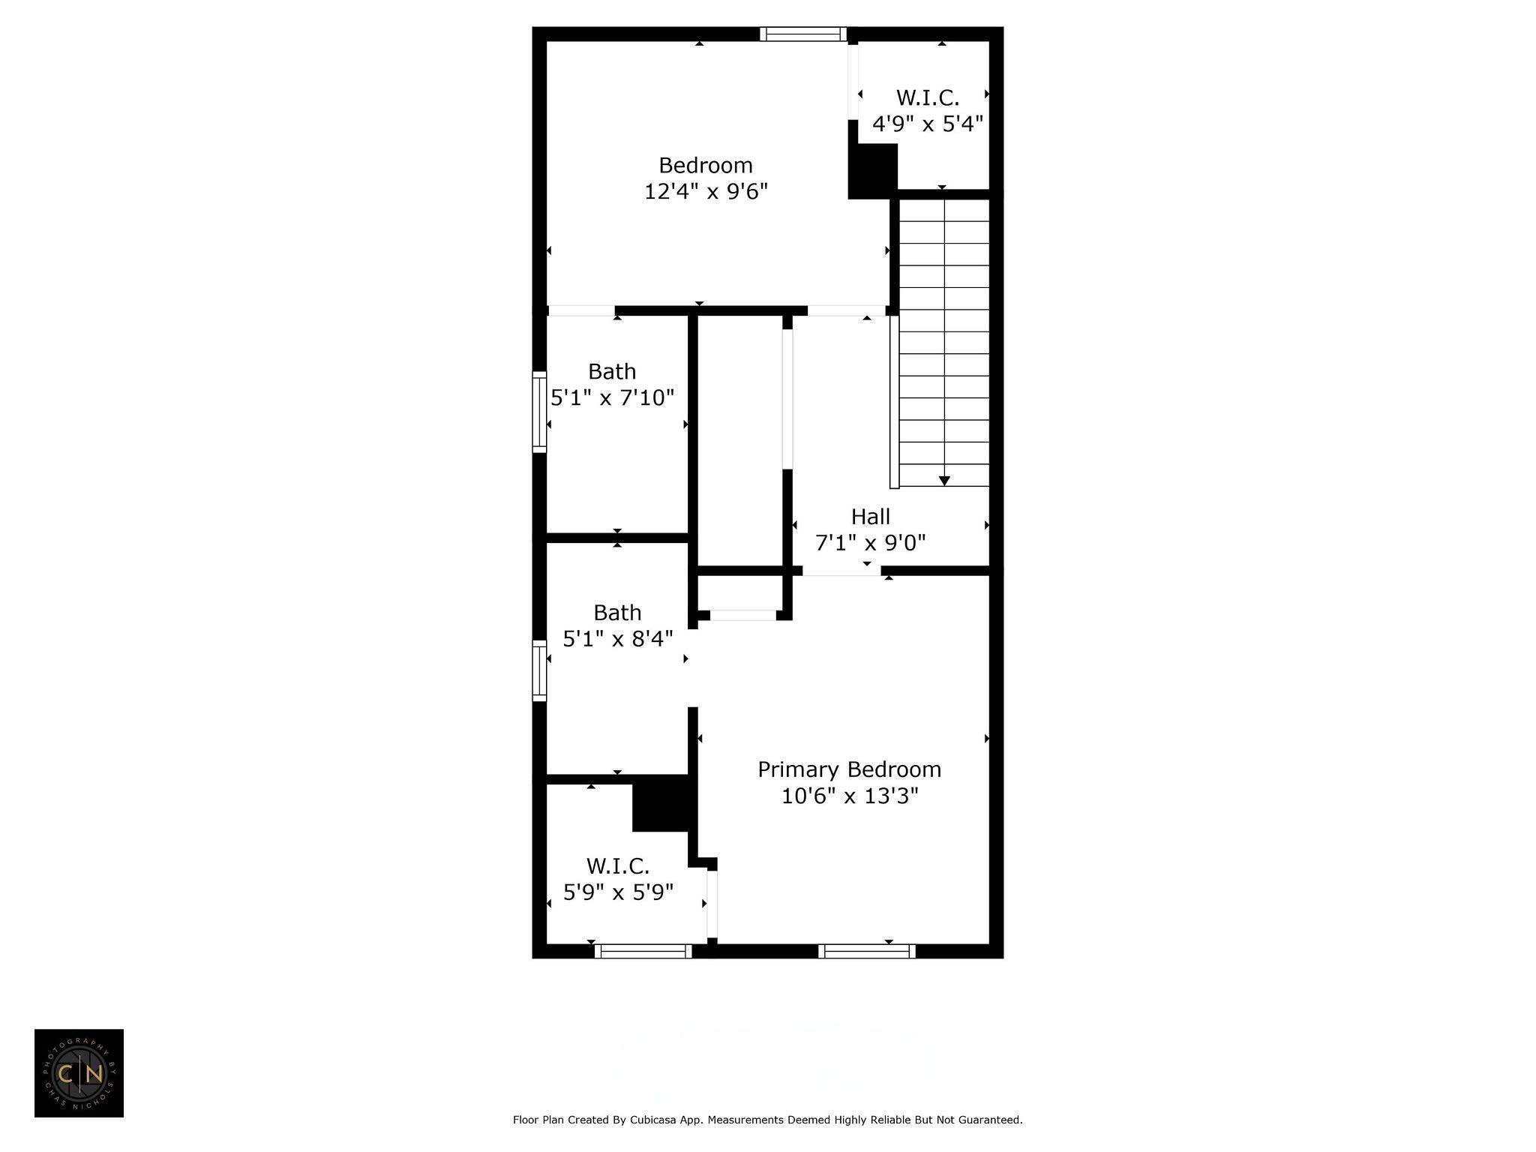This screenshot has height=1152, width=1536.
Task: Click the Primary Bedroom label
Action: pyautogui.click(x=849, y=769)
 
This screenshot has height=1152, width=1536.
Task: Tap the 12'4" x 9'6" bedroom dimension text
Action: pyautogui.click(x=706, y=191)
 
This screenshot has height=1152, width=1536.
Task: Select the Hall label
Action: pyautogui.click(x=871, y=517)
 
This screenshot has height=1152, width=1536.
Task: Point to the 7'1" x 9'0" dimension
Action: pyautogui.click(x=870, y=542)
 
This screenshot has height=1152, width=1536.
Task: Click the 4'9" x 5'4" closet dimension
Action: pyautogui.click(x=928, y=124)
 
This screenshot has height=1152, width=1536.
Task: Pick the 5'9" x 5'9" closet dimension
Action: pyautogui.click(x=618, y=892)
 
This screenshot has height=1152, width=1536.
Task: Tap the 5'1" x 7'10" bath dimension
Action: pyautogui.click(x=612, y=397)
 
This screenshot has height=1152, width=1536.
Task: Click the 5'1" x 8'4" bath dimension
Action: pyautogui.click(x=617, y=639)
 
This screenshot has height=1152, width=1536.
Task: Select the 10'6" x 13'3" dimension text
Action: pyautogui.click(x=850, y=796)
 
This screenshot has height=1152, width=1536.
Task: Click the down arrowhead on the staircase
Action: pyautogui.click(x=945, y=481)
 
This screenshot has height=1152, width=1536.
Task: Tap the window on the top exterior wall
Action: pyautogui.click(x=802, y=34)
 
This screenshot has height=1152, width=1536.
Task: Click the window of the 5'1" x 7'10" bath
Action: pyautogui.click(x=539, y=412)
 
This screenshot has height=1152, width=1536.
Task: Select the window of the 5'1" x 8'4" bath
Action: pyautogui.click(x=539, y=670)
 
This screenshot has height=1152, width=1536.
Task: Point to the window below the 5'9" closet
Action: pyautogui.click(x=643, y=951)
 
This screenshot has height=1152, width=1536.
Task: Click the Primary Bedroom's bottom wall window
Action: pyautogui.click(x=867, y=951)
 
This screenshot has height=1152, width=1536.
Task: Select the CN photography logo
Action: pyautogui.click(x=79, y=1073)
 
